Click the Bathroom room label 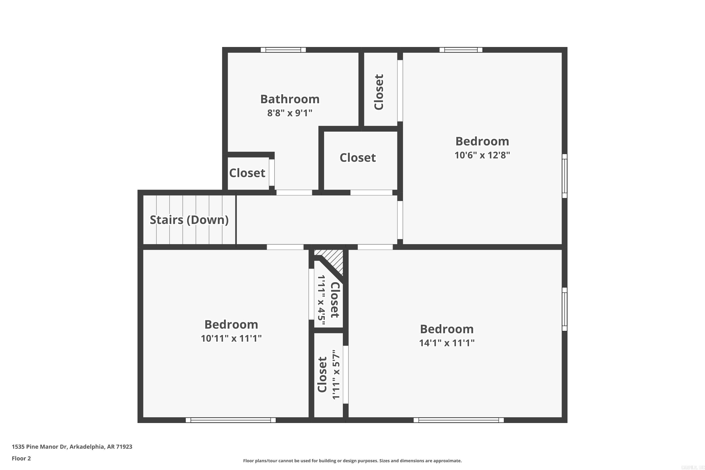click(x=290, y=99)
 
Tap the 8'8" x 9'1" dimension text click(x=290, y=113)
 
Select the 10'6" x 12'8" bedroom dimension click(x=482, y=155)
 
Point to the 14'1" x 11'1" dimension click(x=447, y=343)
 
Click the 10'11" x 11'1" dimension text click(x=231, y=338)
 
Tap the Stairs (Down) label click(x=189, y=220)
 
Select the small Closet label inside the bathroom click(x=247, y=173)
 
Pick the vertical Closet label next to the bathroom click(x=379, y=92)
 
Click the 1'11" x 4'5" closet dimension click(x=321, y=300)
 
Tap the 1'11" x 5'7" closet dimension click(x=336, y=374)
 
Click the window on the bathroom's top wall click(x=283, y=50)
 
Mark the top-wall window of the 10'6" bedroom click(x=461, y=50)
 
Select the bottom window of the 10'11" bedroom click(x=231, y=420)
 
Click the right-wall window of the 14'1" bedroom click(x=564, y=309)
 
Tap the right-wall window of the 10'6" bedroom click(x=564, y=176)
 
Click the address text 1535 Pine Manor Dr click(x=72, y=447)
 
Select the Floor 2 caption click(x=21, y=458)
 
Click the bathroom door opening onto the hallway click(x=294, y=192)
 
